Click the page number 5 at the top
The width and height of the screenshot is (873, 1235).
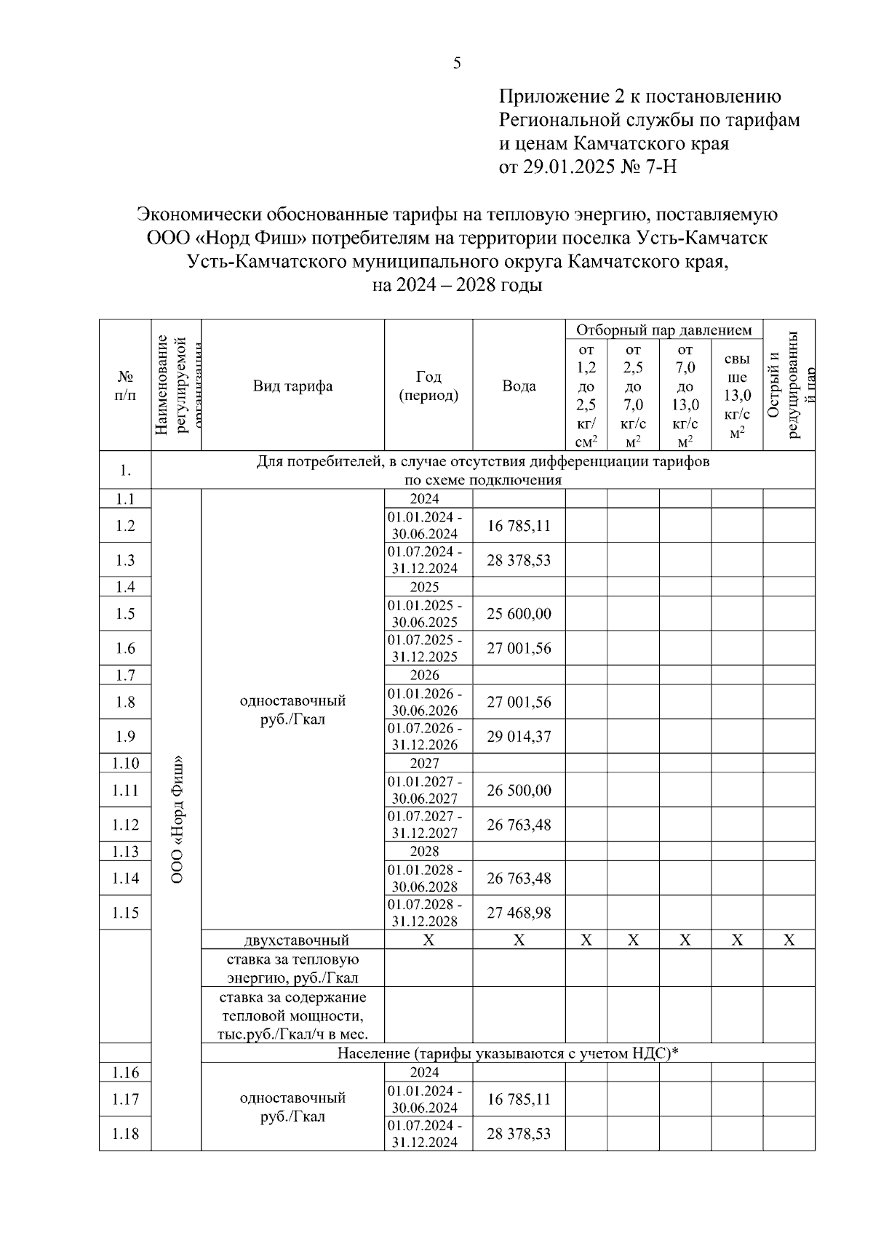tap(457, 63)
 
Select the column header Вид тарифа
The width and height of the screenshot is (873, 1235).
tap(292, 385)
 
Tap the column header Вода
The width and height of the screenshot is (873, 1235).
tap(519, 385)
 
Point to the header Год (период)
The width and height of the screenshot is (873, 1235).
tap(428, 385)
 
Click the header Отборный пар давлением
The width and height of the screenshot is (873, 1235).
tap(663, 330)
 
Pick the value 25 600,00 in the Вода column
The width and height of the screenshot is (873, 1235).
tap(519, 614)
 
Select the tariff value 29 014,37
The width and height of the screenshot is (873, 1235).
tap(519, 737)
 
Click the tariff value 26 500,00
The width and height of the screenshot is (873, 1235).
tap(519, 790)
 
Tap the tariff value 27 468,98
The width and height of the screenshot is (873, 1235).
tap(519, 912)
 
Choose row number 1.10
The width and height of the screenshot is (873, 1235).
tap(125, 763)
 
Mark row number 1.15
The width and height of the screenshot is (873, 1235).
tap(125, 912)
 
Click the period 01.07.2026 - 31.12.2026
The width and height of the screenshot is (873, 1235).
tap(424, 737)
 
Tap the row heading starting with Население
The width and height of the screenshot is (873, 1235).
tap(507, 1053)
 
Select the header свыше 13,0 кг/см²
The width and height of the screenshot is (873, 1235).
tap(737, 396)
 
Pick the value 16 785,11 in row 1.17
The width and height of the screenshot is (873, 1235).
tap(519, 1099)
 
